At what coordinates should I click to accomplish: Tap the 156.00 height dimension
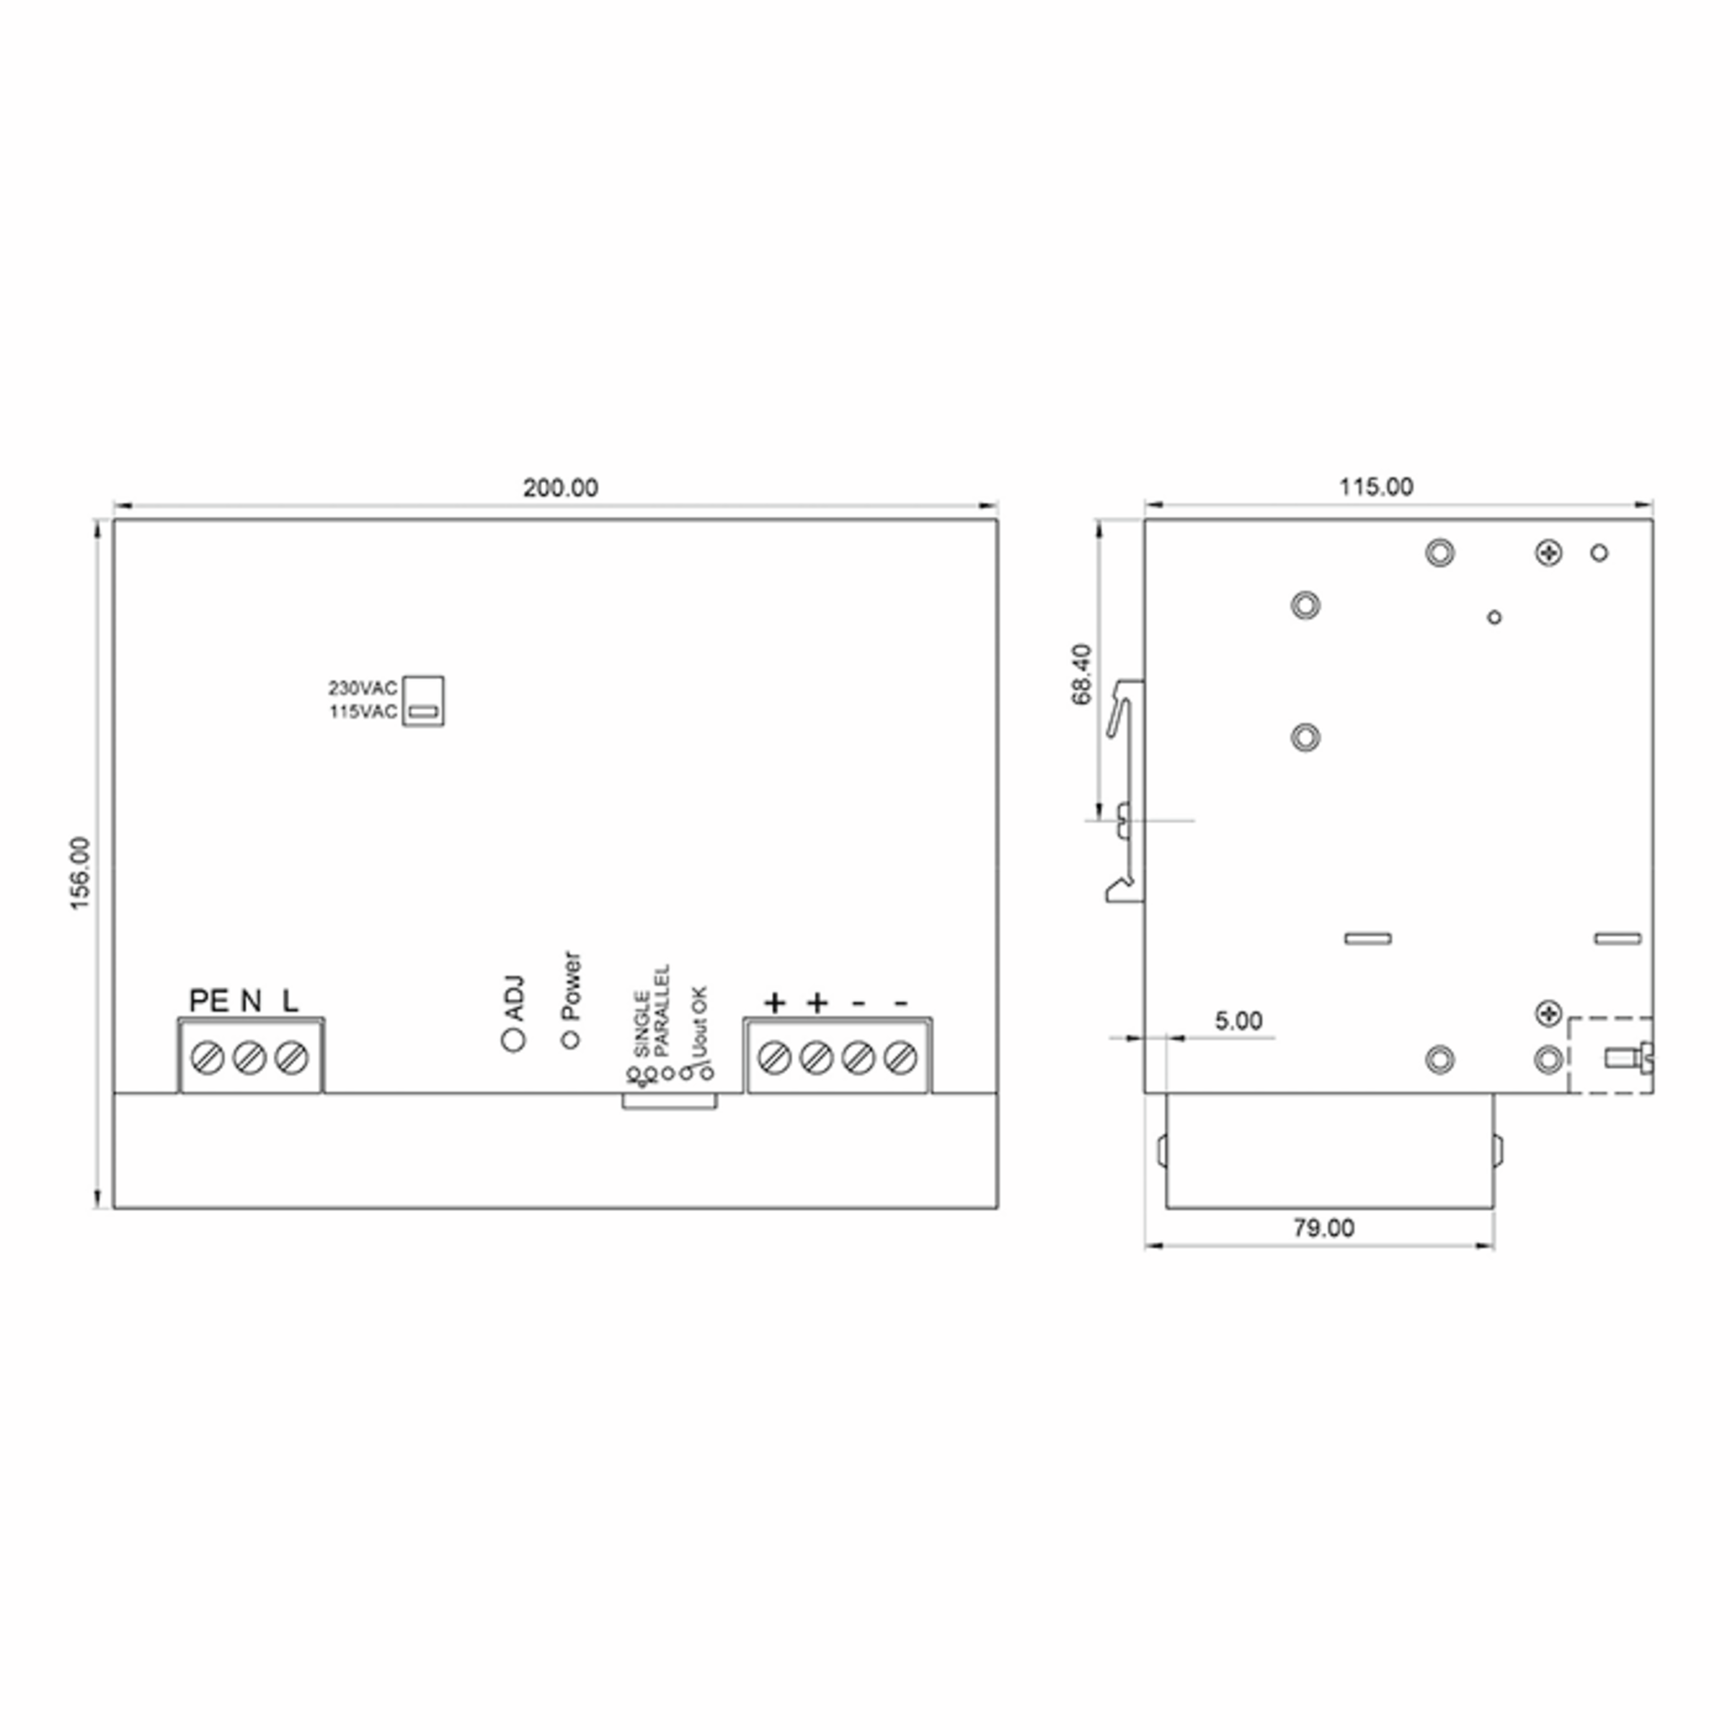point(81,873)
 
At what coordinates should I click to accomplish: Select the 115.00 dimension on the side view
point(1376,487)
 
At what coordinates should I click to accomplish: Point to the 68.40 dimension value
point(1082,674)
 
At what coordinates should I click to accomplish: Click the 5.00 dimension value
point(1238,1021)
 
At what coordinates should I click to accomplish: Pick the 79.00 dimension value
point(1323,1228)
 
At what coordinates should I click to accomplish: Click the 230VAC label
point(363,688)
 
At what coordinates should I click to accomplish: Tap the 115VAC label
point(363,712)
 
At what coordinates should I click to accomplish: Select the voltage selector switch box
point(422,700)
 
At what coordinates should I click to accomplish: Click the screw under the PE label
point(208,1057)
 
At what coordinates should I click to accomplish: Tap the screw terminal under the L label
point(292,1057)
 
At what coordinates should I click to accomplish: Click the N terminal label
point(251,1001)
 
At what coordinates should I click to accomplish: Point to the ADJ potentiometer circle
point(514,1039)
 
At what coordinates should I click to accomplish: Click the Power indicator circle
point(570,1039)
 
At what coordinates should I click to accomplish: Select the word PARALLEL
point(662,1010)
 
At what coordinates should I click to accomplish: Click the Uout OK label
point(700,1021)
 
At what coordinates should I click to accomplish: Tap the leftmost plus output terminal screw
point(773,1057)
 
